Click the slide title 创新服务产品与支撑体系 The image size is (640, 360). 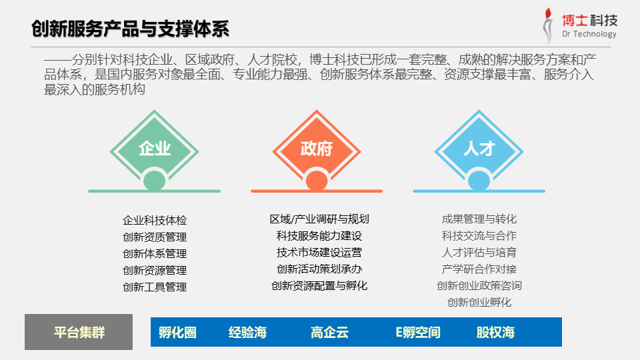click(130, 29)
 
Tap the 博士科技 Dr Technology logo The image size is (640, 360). click(579, 26)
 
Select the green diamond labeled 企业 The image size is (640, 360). click(154, 149)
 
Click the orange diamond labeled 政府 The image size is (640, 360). click(316, 149)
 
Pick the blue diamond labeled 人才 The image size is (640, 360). click(479, 149)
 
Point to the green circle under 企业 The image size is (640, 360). click(154, 181)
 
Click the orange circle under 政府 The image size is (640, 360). click(316, 181)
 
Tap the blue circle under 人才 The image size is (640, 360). click(479, 181)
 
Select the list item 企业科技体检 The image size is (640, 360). click(155, 221)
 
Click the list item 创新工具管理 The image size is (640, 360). click(155, 287)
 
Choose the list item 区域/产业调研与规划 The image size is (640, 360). click(319, 219)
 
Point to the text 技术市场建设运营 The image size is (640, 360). click(319, 252)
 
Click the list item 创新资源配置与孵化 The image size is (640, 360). click(319, 286)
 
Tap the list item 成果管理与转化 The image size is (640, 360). click(479, 219)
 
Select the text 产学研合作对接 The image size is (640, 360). click(479, 269)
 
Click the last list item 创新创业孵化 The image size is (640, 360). click(479, 303)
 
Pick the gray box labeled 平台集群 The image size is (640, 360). click(79, 332)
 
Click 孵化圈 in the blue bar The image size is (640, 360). click(177, 332)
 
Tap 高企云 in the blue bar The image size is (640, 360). click(329, 332)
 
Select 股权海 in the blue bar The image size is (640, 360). click(495, 332)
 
